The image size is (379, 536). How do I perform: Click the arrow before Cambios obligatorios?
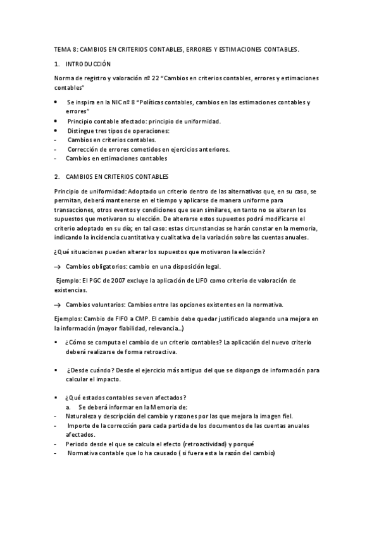pyautogui.click(x=58, y=267)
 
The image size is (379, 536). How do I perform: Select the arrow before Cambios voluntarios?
pyautogui.click(x=58, y=304)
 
